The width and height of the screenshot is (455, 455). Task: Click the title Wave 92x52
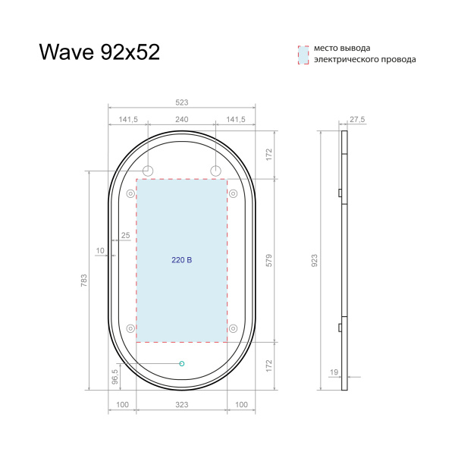pos(99,52)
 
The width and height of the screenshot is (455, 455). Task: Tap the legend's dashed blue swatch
pos(303,54)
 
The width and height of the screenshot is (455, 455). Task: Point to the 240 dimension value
pos(181,119)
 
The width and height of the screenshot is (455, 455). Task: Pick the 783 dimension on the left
pos(83,280)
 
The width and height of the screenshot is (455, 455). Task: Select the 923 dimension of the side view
pos(314,260)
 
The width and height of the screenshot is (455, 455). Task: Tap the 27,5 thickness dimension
pos(357,119)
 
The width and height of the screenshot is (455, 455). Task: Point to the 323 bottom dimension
pos(181,405)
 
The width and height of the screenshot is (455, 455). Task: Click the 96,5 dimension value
pos(115,375)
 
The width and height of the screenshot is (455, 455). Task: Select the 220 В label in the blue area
pos(181,260)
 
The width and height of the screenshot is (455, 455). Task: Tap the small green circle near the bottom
pos(182,364)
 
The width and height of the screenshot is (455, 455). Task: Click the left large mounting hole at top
pos(148,169)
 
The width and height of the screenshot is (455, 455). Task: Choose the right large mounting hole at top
pos(215,169)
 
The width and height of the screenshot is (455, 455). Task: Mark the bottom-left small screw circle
pos(130,328)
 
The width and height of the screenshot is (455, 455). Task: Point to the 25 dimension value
pos(125,235)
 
